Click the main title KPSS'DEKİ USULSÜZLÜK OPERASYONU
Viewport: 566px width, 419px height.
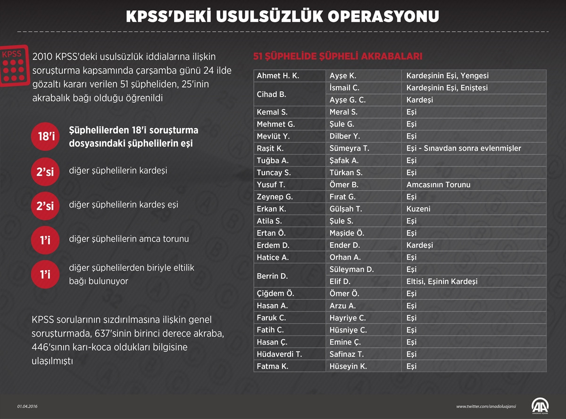coord(283,16)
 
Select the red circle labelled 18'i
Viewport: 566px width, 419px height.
coord(46,137)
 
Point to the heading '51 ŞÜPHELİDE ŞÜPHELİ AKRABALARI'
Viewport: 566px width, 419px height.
coord(337,57)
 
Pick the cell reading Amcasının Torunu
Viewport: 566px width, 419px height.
coord(438,185)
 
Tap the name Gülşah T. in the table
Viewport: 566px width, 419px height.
coord(346,209)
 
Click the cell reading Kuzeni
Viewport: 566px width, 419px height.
coord(418,209)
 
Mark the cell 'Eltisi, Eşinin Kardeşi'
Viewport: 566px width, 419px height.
coord(442,281)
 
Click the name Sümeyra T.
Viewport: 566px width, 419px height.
coord(349,148)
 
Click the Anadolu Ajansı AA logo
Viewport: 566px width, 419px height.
coord(540,405)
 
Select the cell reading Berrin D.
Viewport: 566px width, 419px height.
coord(272,276)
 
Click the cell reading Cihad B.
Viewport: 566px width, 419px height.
coord(271,94)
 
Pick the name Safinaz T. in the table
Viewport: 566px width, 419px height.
coord(347,354)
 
